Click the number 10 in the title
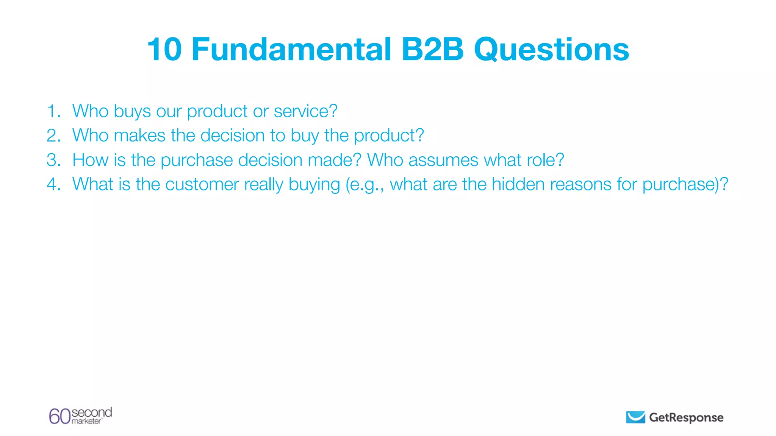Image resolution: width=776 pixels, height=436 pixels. (x=164, y=50)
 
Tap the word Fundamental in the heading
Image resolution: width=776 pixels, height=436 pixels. (x=291, y=50)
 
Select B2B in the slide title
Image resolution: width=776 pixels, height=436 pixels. (x=432, y=50)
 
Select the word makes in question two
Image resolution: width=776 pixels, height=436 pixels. (x=139, y=135)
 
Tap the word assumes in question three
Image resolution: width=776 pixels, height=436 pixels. (x=443, y=160)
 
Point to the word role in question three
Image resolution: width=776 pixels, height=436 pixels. (x=540, y=160)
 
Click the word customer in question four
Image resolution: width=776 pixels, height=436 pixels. (x=202, y=184)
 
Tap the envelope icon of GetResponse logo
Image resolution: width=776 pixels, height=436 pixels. (x=635, y=417)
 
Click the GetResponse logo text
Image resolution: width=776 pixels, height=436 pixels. (x=686, y=417)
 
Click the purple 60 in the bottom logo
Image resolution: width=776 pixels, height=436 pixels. (x=59, y=416)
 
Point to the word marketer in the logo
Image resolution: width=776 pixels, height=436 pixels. (x=86, y=421)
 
